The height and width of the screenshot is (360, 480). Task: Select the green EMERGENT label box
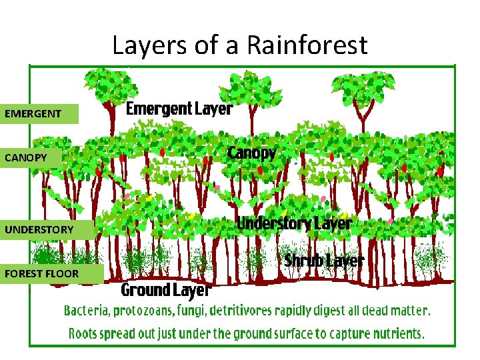[40, 113]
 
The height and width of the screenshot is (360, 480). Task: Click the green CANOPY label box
[40, 157]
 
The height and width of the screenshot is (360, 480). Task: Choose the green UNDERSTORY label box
[46, 229]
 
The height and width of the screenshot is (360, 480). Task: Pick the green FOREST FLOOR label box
[52, 273]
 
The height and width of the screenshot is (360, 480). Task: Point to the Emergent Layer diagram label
[179, 109]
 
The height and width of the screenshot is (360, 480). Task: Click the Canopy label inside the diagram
[251, 153]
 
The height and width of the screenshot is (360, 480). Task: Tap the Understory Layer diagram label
[294, 223]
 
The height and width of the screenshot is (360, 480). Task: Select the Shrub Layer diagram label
[324, 261]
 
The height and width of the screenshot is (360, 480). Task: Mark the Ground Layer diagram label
[165, 290]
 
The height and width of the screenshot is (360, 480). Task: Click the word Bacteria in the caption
[87, 311]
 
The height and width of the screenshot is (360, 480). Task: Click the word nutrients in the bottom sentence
[398, 333]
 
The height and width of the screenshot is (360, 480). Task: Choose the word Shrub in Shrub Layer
[304, 261]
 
